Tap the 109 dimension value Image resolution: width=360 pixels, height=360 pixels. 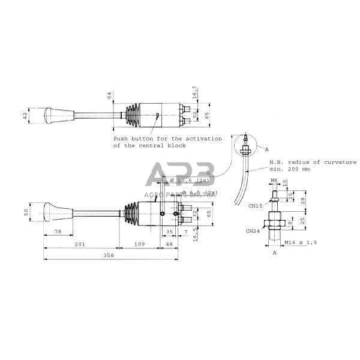click(138, 244)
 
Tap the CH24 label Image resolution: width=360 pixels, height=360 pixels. click(253, 230)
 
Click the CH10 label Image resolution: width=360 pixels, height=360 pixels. click(254, 206)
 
